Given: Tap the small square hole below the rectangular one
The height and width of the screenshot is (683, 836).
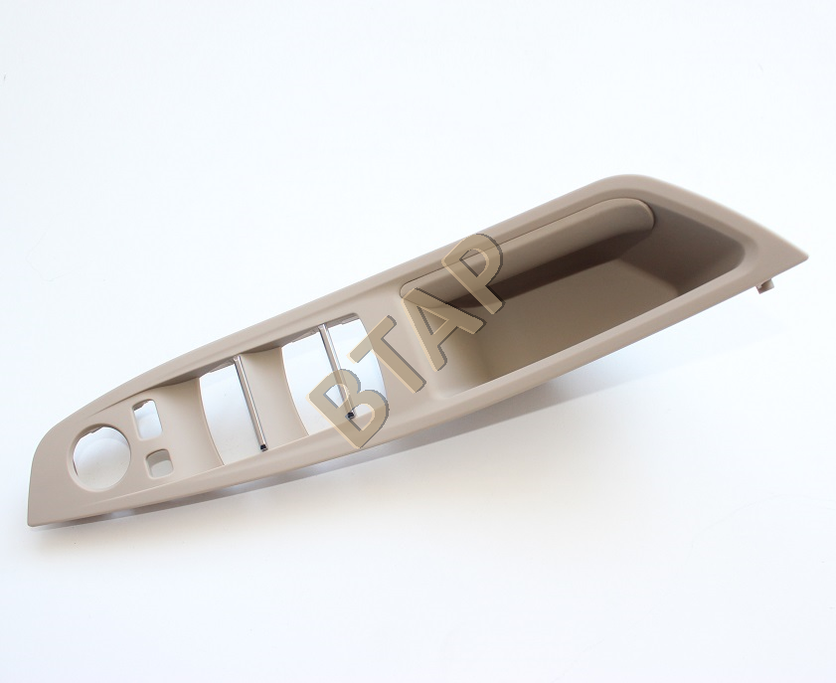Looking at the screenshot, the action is pos(158,459).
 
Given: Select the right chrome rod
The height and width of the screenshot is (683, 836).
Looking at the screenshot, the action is pos(335,369).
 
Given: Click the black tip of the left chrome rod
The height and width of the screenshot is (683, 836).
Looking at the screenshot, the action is pos(262,445).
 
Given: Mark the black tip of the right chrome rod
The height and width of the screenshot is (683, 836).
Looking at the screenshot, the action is pos(350,415).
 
